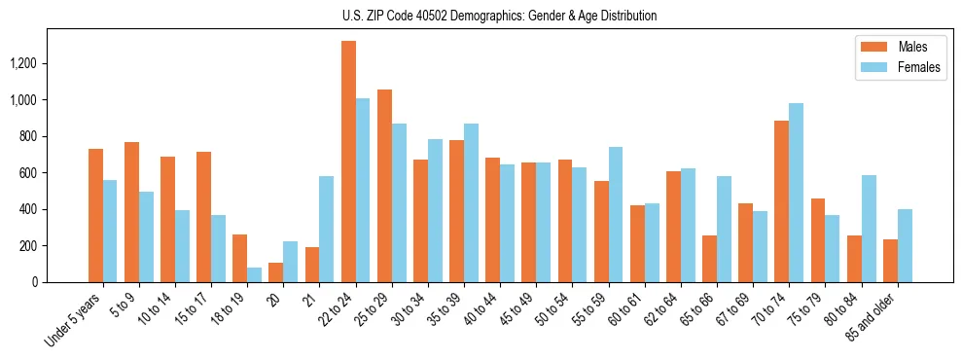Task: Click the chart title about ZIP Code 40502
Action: (x=499, y=16)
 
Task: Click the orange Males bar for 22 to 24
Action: (x=348, y=162)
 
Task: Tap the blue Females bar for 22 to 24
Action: (x=363, y=190)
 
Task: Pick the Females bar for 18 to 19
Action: (x=254, y=274)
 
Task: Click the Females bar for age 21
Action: (x=327, y=229)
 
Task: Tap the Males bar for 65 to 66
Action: (x=709, y=259)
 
